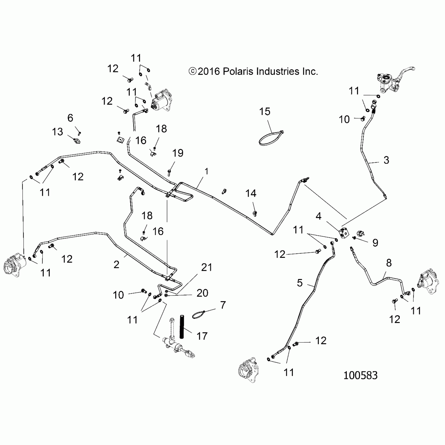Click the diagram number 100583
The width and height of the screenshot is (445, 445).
point(360,375)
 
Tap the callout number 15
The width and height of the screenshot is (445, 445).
point(264,112)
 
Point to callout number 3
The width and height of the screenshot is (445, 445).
point(386,160)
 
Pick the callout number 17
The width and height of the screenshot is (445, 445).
point(202,336)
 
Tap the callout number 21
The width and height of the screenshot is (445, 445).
point(206,268)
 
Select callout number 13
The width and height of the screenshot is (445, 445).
point(57,132)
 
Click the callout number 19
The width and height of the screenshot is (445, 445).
point(178,153)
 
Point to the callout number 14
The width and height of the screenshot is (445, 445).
point(251,193)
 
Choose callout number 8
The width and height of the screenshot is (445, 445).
point(389,263)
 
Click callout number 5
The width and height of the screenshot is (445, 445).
point(300,283)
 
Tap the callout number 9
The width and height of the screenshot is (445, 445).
point(375,243)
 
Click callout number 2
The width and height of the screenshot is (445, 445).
point(116,265)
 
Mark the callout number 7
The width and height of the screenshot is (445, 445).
point(223,305)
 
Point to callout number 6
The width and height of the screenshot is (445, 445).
point(70,118)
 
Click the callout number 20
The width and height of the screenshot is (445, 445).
point(202,293)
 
